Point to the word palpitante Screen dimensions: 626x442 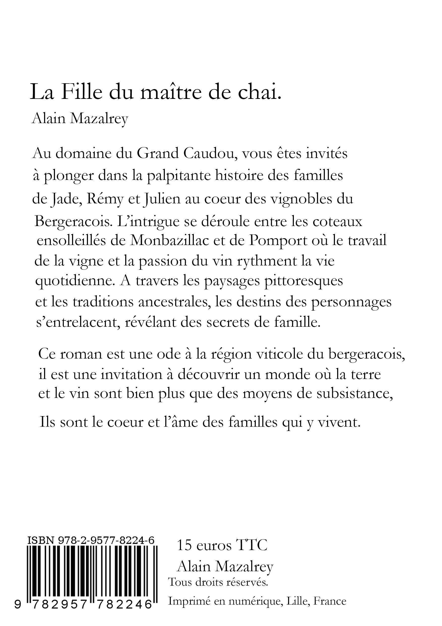point(179,176)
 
